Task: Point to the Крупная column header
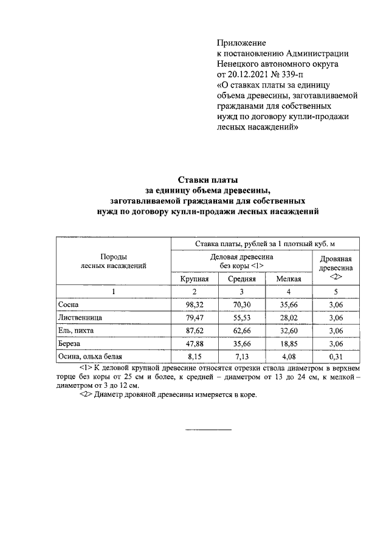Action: (194, 278)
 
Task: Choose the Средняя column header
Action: (241, 278)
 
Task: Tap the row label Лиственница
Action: (80, 317)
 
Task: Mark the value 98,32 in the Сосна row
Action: (194, 304)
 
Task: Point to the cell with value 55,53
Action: (241, 317)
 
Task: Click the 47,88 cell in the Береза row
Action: (194, 343)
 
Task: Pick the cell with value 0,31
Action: (336, 356)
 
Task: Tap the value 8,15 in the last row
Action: (194, 356)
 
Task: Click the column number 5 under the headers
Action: (336, 292)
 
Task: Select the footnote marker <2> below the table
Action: (86, 394)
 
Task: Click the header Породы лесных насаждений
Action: (114, 261)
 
